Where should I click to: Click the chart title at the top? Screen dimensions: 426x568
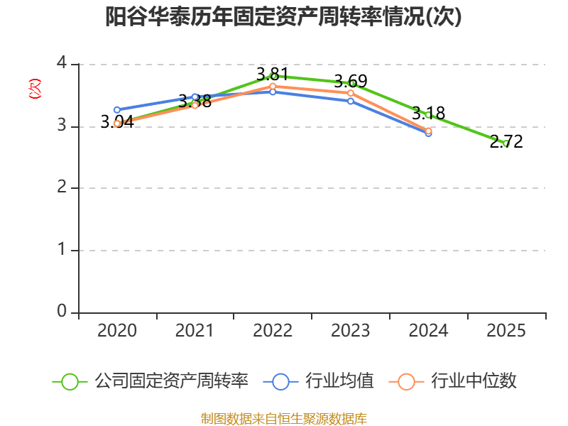point(283,16)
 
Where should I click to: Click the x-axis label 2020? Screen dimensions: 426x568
point(117,331)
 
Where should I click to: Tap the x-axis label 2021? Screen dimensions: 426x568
point(195,331)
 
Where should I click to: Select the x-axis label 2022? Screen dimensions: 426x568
point(273,331)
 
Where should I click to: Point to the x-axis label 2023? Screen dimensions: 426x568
point(351,331)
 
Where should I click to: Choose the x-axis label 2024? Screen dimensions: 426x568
point(428,331)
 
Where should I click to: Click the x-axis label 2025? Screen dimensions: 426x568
point(506,331)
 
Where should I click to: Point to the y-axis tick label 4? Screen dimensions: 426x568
point(62,64)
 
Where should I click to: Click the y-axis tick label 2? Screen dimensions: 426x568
point(62,188)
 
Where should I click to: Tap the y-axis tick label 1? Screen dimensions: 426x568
point(62,250)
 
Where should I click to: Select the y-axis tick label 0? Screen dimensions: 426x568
point(62,312)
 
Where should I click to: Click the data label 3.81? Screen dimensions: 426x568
point(273,74)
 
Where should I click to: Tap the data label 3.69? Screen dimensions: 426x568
point(351,81)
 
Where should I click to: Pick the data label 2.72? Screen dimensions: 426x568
point(506,141)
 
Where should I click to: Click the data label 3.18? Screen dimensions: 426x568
point(428,112)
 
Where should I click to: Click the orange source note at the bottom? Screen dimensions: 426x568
point(283,418)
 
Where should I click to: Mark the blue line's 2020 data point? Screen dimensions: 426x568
point(117,110)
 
